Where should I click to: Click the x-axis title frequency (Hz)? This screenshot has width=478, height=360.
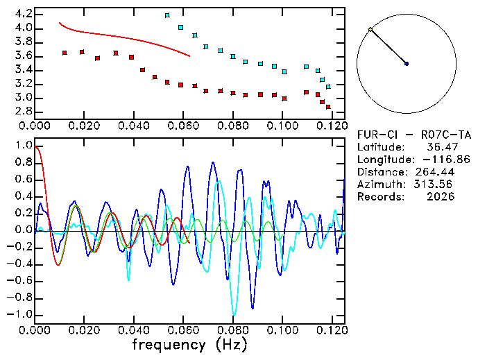tap(189, 344)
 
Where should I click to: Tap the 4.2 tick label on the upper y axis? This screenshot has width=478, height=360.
tap(23, 14)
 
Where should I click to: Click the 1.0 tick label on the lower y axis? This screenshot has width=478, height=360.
tap(23, 146)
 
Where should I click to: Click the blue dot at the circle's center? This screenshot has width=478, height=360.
tap(407, 64)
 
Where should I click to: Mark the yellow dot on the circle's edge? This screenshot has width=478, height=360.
tap(370, 30)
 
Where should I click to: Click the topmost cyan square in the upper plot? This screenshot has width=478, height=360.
tap(167, 15)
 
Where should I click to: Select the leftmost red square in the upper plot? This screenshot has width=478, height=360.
tap(65, 53)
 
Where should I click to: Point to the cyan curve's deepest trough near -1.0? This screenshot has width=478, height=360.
tap(234, 314)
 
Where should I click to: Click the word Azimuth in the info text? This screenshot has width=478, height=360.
tap(379, 185)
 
